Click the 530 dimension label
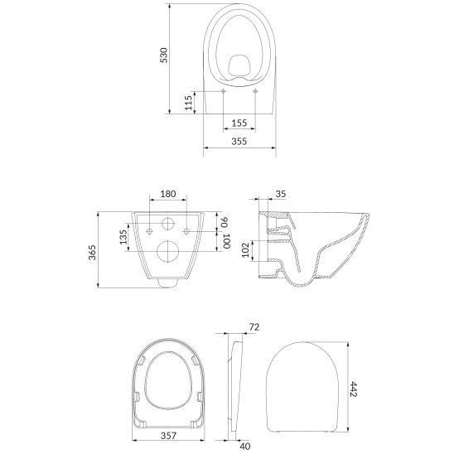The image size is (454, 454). coord(164,56)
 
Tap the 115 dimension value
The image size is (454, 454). coord(189,103)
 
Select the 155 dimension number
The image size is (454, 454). coord(239,123)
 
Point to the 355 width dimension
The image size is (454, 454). coord(239,142)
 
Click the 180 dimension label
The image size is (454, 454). coord(168,194)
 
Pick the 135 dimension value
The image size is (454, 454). coord(123,237)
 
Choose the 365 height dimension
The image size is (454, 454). coord(92,253)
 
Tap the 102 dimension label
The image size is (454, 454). coord(245,250)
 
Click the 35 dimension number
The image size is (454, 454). coord(280,194)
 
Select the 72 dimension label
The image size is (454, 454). coord(254,327)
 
